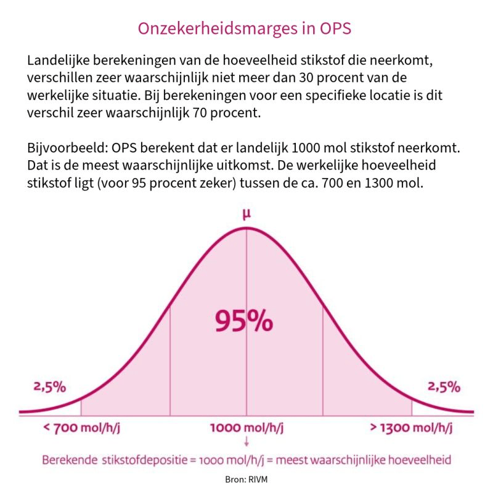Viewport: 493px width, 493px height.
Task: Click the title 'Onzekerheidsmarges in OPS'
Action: click(x=246, y=29)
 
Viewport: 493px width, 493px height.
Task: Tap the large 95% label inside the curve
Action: click(x=243, y=320)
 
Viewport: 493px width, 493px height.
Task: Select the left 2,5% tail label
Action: click(x=49, y=387)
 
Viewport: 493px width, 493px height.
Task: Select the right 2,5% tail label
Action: click(x=444, y=387)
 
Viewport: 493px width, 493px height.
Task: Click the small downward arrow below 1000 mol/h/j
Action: click(x=246, y=441)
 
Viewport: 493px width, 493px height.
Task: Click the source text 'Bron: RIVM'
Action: click(x=246, y=479)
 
